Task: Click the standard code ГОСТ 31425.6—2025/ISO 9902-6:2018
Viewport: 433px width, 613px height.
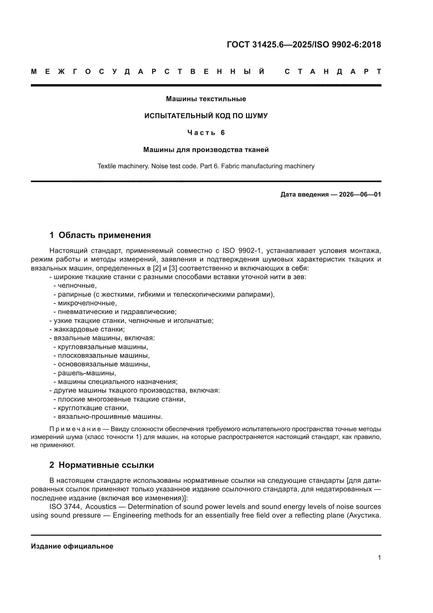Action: pos(304,45)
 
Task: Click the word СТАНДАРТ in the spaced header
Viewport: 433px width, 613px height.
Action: pos(333,72)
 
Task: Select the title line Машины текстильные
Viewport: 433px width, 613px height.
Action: pos(206,99)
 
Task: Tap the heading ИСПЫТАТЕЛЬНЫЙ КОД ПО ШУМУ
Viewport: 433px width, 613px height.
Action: pos(206,116)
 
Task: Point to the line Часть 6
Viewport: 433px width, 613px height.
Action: pos(206,133)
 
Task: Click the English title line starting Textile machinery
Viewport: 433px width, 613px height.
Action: pos(206,166)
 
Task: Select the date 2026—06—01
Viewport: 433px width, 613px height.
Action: pos(360,194)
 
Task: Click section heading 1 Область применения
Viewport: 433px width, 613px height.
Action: pos(100,235)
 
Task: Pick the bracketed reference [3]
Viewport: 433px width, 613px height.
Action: pos(173,268)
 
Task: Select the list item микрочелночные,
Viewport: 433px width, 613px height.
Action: pos(85,303)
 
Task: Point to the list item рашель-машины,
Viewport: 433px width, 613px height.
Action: pos(85,373)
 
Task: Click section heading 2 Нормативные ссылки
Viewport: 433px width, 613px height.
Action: pos(102,465)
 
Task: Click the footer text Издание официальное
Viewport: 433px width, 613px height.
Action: pos(72,546)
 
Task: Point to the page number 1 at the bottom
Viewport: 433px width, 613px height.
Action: pos(379,558)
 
